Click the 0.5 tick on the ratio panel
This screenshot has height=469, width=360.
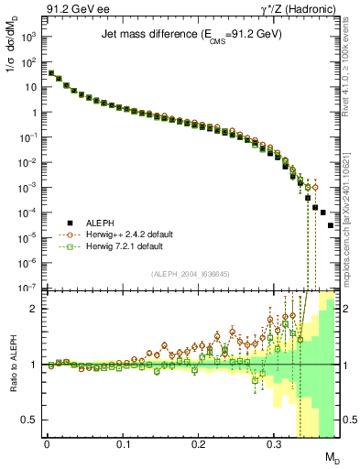click(x=32, y=420)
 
